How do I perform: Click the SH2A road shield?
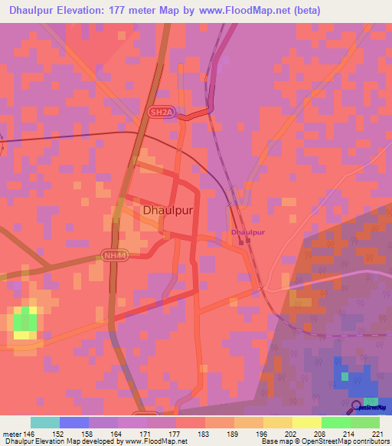pos(157,112)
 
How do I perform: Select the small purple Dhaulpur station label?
pos(247,231)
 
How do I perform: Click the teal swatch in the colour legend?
pos(45,422)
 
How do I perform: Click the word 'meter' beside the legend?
pos(11,433)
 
